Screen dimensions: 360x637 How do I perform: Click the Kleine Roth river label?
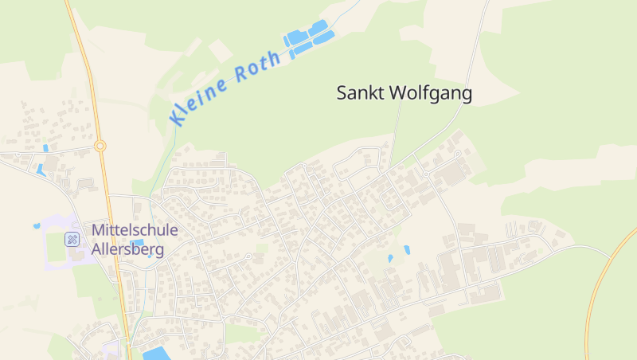pos(225,87)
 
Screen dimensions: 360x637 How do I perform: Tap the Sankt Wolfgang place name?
pos(404,93)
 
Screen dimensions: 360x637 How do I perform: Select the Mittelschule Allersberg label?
pos(134,239)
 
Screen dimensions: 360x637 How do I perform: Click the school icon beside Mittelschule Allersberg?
pos(72,238)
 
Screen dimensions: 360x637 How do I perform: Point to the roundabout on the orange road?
pos(100,146)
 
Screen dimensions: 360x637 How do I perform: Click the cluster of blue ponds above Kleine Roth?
pos(308,38)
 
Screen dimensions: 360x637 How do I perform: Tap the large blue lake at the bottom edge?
pos(156,353)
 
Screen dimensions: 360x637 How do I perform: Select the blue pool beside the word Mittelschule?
pos(137,243)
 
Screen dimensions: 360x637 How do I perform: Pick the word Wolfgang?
pos(430,94)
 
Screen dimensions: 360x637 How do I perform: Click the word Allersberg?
pos(127,249)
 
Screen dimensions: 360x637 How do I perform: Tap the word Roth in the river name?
pos(258,67)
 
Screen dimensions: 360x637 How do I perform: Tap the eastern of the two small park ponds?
pos(406,249)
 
